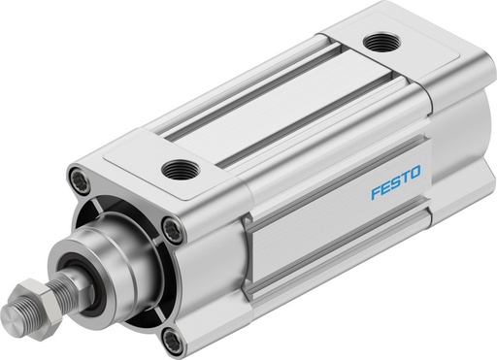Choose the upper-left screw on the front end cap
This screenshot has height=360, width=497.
pyautogui.click(x=79, y=180)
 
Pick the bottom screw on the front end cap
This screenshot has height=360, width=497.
pyautogui.click(x=171, y=340)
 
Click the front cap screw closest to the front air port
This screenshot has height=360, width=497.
pyautogui.click(x=173, y=229)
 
